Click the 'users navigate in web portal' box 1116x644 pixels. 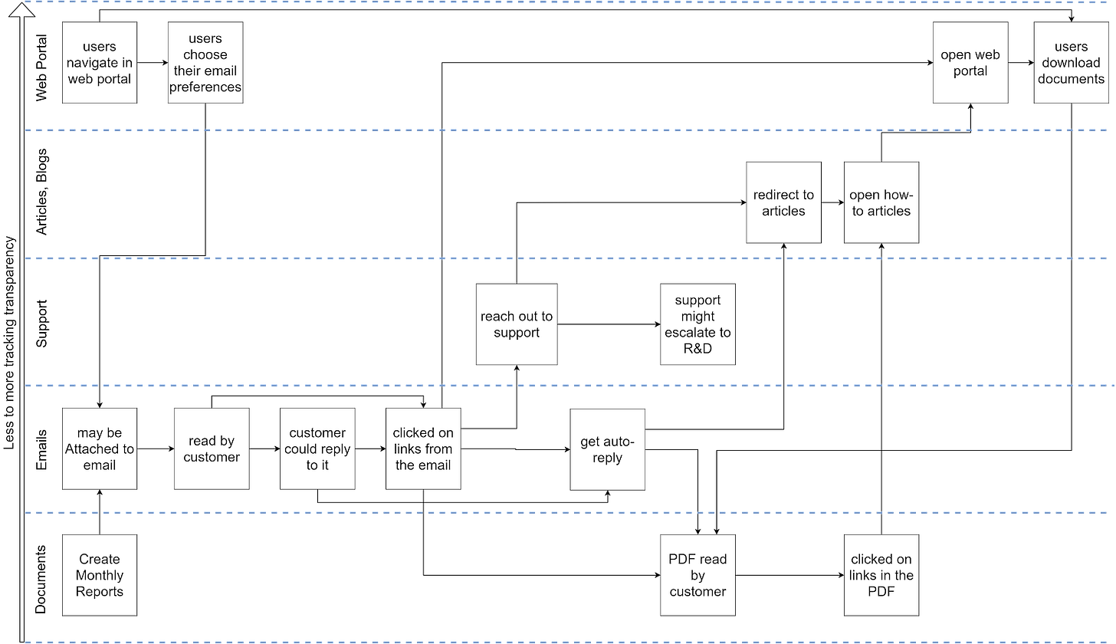coord(100,63)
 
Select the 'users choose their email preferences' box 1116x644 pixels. coord(205,63)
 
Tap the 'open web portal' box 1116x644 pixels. coord(970,63)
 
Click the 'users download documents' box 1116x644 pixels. coord(1071,63)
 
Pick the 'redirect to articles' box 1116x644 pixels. coord(783,202)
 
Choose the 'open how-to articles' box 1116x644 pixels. coord(881,202)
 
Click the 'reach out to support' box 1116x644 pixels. coord(517,324)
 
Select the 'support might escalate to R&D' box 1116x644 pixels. coord(697,324)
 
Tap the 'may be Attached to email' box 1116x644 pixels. coord(100,449)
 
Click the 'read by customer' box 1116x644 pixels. coord(212,449)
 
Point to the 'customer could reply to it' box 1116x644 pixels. coord(317,449)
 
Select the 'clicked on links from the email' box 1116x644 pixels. coord(423,449)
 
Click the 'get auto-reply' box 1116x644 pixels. coord(607,449)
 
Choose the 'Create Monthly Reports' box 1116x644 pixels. coord(100,575)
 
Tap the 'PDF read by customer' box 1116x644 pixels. coord(697,575)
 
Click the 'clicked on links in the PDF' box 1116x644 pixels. coord(881,575)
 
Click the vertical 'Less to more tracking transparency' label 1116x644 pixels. coord(10,343)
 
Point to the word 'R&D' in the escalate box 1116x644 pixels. coord(697,349)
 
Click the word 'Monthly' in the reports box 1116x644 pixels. coord(100,575)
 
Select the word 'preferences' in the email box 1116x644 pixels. coord(205,87)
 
